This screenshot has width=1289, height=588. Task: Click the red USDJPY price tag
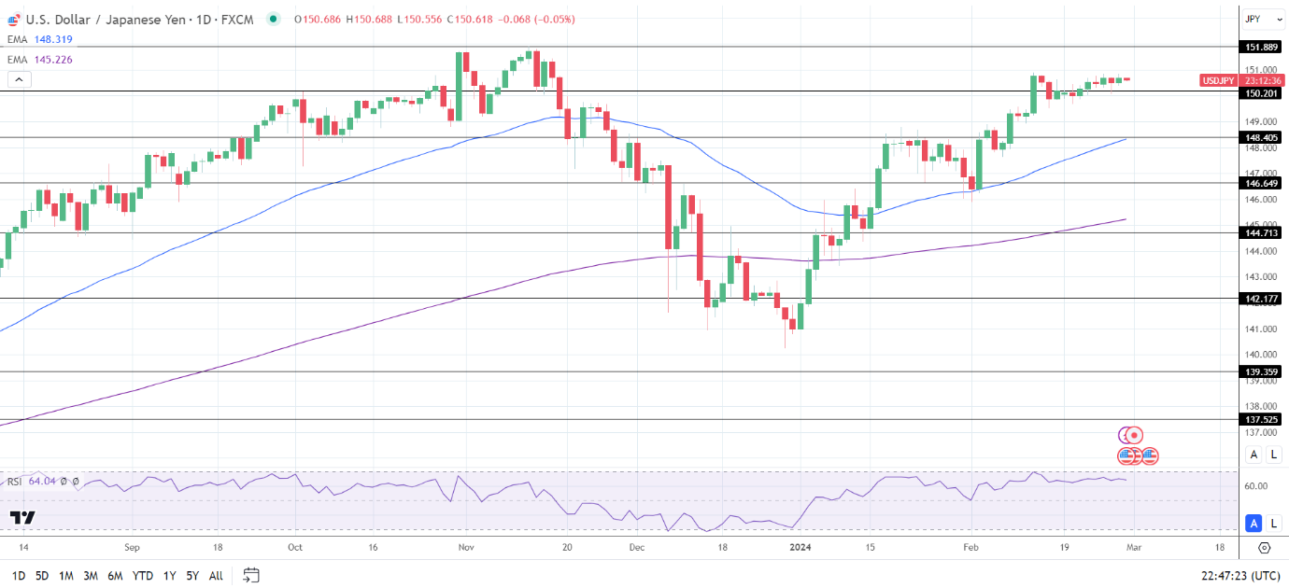click(x=1217, y=80)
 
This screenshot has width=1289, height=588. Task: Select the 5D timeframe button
click(x=42, y=576)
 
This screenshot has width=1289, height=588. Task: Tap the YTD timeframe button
click(x=143, y=576)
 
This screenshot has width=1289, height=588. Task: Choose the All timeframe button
click(x=216, y=576)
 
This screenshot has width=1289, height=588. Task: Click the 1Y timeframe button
click(x=169, y=576)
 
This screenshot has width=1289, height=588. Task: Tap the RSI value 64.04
click(x=43, y=482)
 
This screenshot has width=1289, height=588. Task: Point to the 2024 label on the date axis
click(x=802, y=549)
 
